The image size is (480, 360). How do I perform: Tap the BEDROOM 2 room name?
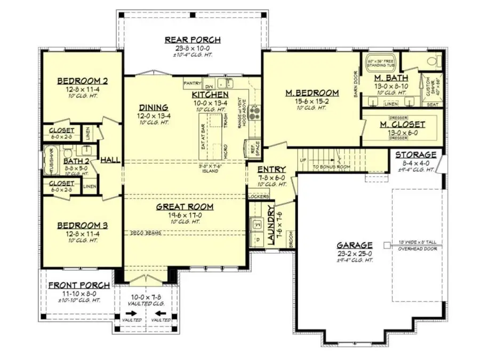coord(83,81)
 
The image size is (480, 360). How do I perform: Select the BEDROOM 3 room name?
coord(83,225)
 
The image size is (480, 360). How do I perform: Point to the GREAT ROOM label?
coord(185,207)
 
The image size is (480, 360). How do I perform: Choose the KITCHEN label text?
coord(210,95)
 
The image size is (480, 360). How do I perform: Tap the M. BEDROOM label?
coord(312,93)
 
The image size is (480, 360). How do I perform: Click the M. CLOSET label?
coord(403,125)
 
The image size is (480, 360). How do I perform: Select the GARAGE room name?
coord(354,245)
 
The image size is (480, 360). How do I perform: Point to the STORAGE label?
coord(415,155)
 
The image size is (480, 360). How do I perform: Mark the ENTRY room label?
coord(272,170)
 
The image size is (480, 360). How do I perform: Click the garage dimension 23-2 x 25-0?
coord(354,253)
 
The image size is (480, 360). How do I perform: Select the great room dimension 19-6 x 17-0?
coord(185,214)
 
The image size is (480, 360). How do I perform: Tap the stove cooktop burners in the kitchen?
coord(254,113)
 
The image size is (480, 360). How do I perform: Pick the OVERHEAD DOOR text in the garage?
coord(417,249)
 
